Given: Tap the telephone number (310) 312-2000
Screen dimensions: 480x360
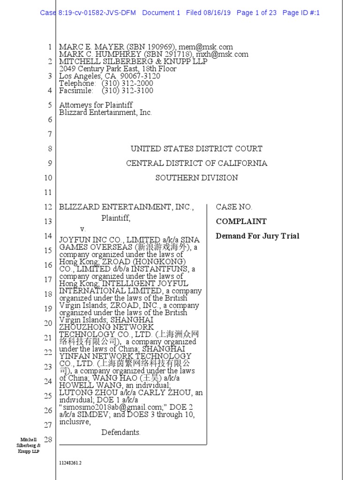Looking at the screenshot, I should click(x=127, y=83).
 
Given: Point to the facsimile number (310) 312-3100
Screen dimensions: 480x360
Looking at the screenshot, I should click(x=127, y=90).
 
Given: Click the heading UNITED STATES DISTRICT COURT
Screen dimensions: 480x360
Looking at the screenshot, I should click(x=196, y=149).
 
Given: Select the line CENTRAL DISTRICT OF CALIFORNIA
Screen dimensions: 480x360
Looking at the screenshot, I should click(x=196, y=163).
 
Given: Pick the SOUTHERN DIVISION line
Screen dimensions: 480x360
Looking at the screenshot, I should click(x=196, y=178).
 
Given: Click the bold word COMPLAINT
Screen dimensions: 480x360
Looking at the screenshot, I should click(x=241, y=221).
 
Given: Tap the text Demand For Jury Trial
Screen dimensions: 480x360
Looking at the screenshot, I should click(x=257, y=236).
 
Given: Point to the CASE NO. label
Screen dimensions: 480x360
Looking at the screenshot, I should click(x=233, y=207).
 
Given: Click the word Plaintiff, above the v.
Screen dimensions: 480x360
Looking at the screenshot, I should click(x=116, y=218).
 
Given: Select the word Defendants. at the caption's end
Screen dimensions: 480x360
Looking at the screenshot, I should click(x=121, y=432).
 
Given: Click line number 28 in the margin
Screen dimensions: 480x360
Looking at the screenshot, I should click(x=47, y=439).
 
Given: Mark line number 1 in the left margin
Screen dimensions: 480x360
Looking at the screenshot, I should click(x=49, y=47).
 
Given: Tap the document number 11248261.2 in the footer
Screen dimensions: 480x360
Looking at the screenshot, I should click(x=70, y=463).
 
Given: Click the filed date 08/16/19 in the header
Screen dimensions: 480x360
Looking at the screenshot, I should click(x=217, y=13).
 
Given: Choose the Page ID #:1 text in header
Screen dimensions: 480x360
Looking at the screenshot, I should click(x=301, y=13).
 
